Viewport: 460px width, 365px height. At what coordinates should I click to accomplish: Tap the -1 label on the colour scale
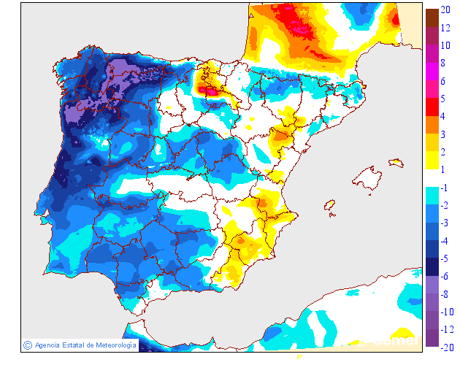[x=445, y=188]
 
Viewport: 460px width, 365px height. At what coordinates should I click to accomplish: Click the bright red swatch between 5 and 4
[x=432, y=107]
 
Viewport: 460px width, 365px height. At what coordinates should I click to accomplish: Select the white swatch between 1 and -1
[x=432, y=179]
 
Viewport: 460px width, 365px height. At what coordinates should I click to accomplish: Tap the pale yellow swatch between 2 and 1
[x=432, y=161]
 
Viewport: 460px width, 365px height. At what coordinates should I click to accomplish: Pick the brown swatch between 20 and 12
[x=432, y=18]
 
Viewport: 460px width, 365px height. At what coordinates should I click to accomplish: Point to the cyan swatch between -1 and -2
[x=432, y=196]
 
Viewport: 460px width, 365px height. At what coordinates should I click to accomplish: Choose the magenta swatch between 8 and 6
[x=432, y=72]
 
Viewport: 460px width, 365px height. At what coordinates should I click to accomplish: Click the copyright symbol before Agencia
[x=27, y=345]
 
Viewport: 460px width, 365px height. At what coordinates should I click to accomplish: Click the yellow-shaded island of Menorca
[x=397, y=162]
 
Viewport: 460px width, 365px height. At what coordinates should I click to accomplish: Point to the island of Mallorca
[x=367, y=179]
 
